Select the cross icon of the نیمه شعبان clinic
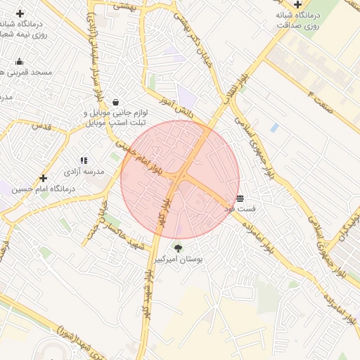pyautogui.click(x=20, y=13)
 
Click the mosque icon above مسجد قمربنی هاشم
pyautogui.click(x=19, y=61)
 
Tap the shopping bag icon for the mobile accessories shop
pyautogui.click(x=115, y=102)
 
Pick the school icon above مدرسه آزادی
pyautogui.click(x=84, y=161)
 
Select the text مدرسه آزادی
pyautogui.click(x=84, y=172)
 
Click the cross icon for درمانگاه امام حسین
pyautogui.click(x=43, y=179)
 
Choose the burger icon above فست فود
pyautogui.click(x=240, y=199)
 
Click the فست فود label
pyautogui.click(x=240, y=210)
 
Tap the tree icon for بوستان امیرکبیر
pyautogui.click(x=178, y=248)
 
